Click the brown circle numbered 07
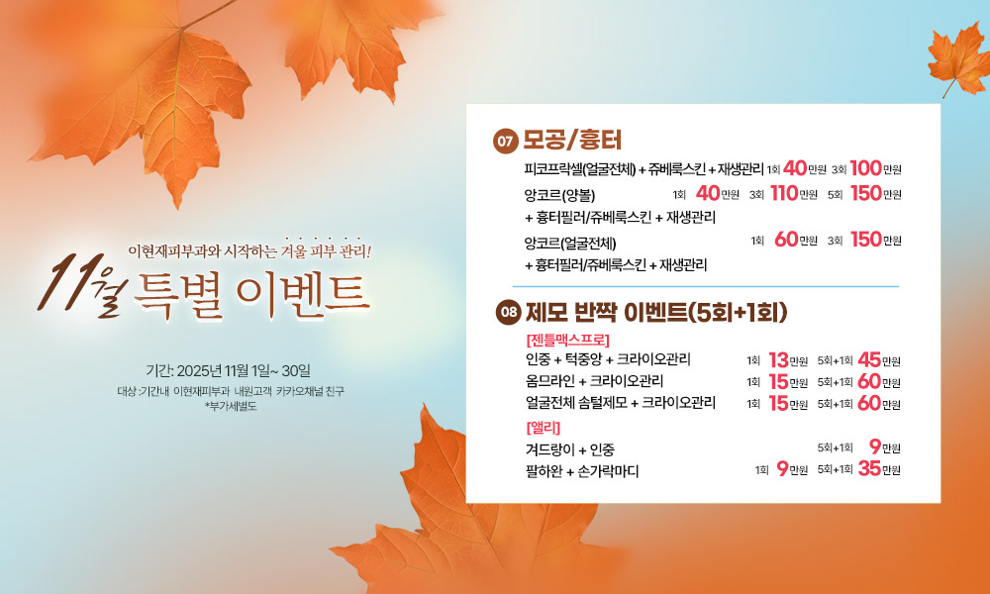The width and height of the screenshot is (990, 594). pyautogui.click(x=505, y=141)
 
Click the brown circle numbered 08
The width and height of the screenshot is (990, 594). pyautogui.click(x=508, y=312)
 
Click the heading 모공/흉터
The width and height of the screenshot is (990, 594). pyautogui.click(x=572, y=141)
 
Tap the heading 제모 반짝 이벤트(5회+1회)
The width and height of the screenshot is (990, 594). pyautogui.click(x=656, y=312)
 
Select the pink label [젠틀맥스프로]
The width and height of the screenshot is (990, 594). pyautogui.click(x=567, y=341)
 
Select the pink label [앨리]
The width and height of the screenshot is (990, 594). pyautogui.click(x=543, y=428)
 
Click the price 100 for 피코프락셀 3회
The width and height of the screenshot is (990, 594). pyautogui.click(x=865, y=168)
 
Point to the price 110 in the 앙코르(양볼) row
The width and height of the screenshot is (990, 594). pyautogui.click(x=784, y=193)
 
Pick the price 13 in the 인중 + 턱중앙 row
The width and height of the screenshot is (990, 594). pyautogui.click(x=778, y=359)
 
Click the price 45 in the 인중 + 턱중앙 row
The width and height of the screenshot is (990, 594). pyautogui.click(x=869, y=359)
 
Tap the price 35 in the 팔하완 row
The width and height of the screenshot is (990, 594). pyautogui.click(x=869, y=468)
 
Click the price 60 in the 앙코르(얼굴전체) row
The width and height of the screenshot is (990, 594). pyautogui.click(x=786, y=240)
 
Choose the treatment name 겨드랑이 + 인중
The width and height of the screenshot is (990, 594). pyautogui.click(x=569, y=450)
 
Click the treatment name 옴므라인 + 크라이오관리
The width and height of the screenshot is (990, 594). pyautogui.click(x=594, y=381)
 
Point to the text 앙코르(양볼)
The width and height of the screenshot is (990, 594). pyautogui.click(x=559, y=195)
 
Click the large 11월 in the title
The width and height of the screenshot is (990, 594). pyautogui.click(x=82, y=286)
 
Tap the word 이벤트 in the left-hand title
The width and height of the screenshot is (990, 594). pyautogui.click(x=303, y=295)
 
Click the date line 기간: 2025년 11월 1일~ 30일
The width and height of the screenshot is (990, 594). pyautogui.click(x=229, y=370)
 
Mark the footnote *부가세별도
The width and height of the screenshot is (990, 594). pyautogui.click(x=231, y=407)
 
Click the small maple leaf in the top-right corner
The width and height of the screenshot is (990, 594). pyautogui.click(x=958, y=58)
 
